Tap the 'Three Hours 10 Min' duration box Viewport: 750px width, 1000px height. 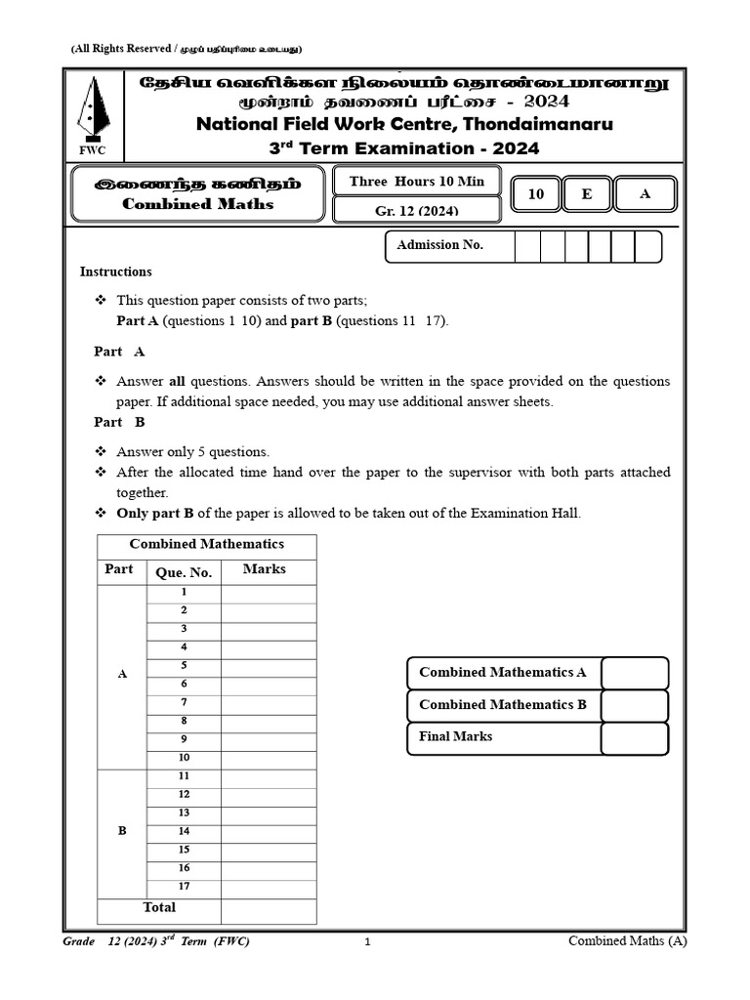[x=416, y=182]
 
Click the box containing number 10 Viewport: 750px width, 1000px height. [x=535, y=194]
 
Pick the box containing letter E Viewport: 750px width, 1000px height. [x=586, y=194]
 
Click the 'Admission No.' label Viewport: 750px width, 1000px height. [x=439, y=245]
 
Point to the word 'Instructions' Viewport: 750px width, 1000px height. [x=115, y=271]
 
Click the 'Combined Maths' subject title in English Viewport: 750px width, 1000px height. [x=197, y=204]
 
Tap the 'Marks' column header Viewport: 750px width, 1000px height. [x=264, y=569]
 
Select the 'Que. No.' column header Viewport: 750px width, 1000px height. [x=184, y=572]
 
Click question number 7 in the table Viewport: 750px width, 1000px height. [x=184, y=702]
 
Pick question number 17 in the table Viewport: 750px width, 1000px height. [x=184, y=887]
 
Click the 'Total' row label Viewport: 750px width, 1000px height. [x=159, y=908]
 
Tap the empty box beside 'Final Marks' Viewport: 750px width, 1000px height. [x=634, y=738]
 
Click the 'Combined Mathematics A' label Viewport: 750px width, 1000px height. [x=502, y=673]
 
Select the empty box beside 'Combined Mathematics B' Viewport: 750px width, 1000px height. [x=634, y=705]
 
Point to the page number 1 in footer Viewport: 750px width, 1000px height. [x=367, y=942]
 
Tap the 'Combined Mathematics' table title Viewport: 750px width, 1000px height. [x=207, y=545]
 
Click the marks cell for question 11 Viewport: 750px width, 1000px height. [x=269, y=776]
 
